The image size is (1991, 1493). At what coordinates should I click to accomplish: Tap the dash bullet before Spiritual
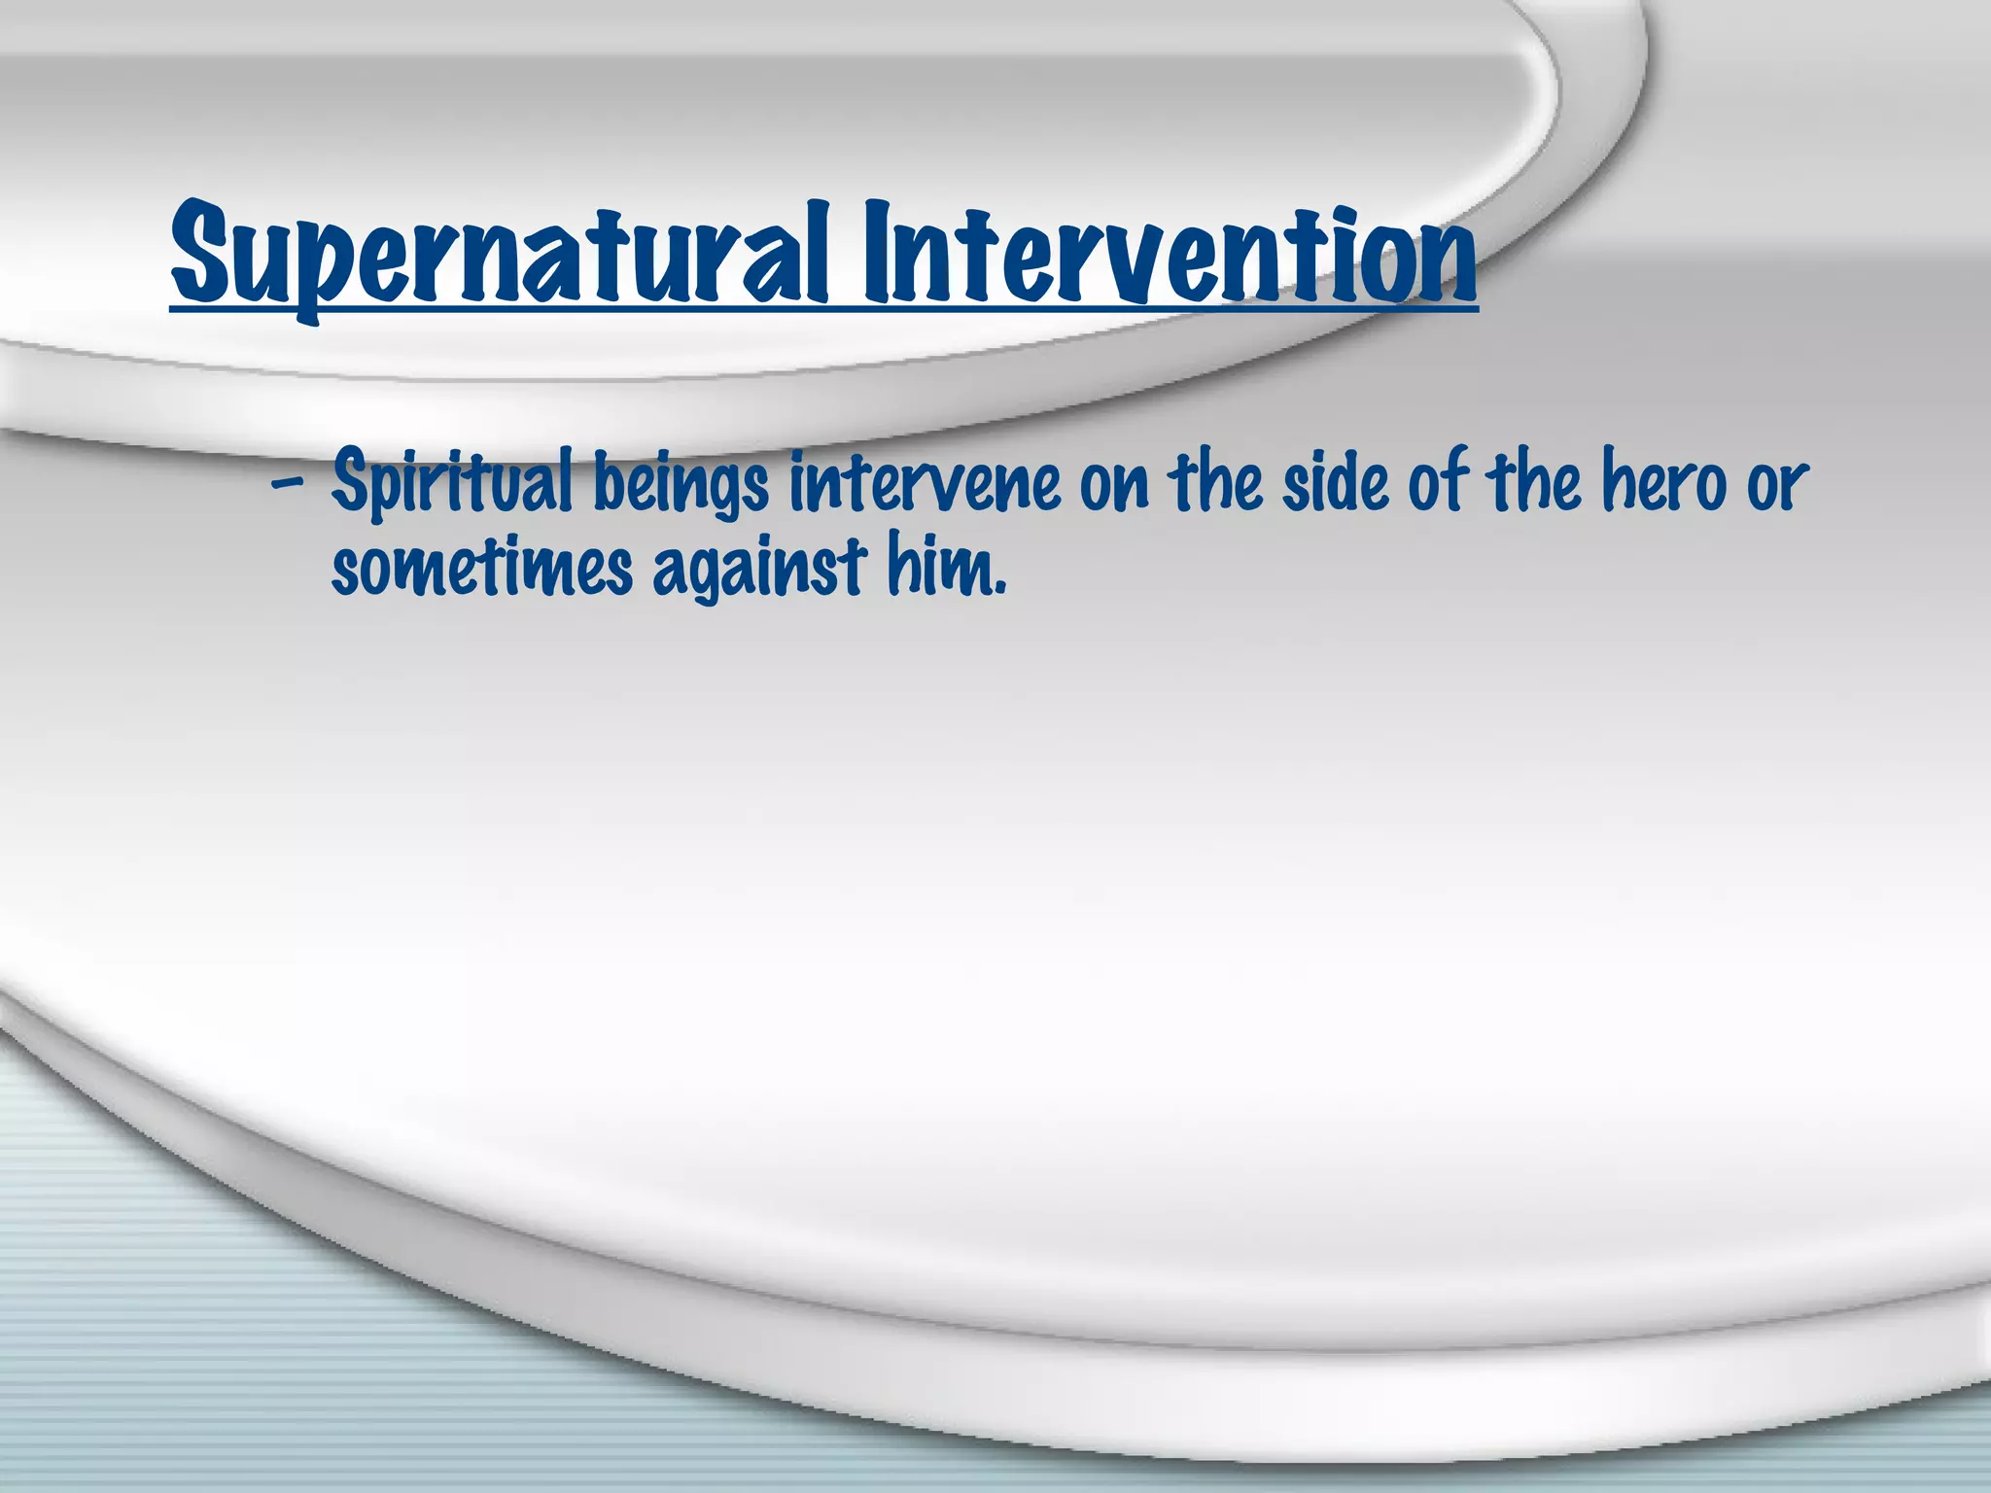(x=287, y=483)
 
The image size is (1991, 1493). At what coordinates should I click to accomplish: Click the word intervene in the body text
(x=924, y=483)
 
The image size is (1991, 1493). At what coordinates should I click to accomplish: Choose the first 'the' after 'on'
(x=1215, y=483)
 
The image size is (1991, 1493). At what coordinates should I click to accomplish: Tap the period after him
(x=998, y=589)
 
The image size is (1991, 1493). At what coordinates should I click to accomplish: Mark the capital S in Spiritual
(x=348, y=483)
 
